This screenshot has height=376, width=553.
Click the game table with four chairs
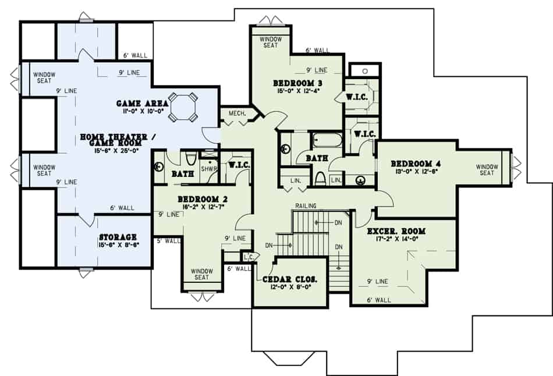pyautogui.click(x=182, y=107)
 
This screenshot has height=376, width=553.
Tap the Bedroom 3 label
pyautogui.click(x=298, y=83)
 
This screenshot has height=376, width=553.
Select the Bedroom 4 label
pyautogui.click(x=414, y=163)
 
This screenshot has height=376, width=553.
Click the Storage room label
pyautogui.click(x=118, y=237)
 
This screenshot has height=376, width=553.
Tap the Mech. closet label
pyautogui.click(x=236, y=113)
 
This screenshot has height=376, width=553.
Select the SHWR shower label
pyautogui.click(x=208, y=168)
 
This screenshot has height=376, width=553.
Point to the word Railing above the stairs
pyautogui.click(x=306, y=206)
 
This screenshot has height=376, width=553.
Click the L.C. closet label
pyautogui.click(x=247, y=256)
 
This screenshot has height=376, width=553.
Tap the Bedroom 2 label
pyautogui.click(x=202, y=199)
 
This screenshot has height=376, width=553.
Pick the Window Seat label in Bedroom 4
pyautogui.click(x=487, y=169)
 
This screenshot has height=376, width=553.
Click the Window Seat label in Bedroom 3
pyautogui.click(x=270, y=42)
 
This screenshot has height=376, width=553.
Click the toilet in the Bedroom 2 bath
pyautogui.click(x=191, y=159)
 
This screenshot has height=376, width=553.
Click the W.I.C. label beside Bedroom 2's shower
pyautogui.click(x=239, y=165)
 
